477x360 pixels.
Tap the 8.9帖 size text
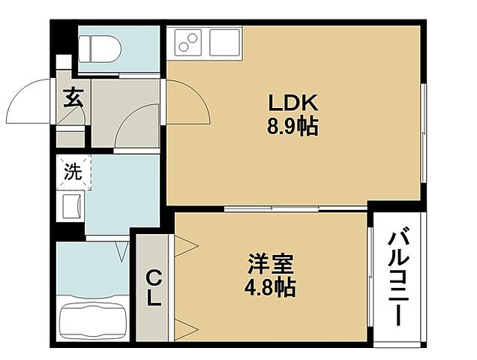[293, 127]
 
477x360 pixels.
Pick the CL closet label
[153, 288]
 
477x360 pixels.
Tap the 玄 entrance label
[72, 97]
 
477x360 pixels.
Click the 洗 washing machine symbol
[72, 172]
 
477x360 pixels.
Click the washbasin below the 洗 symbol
[72, 204]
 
